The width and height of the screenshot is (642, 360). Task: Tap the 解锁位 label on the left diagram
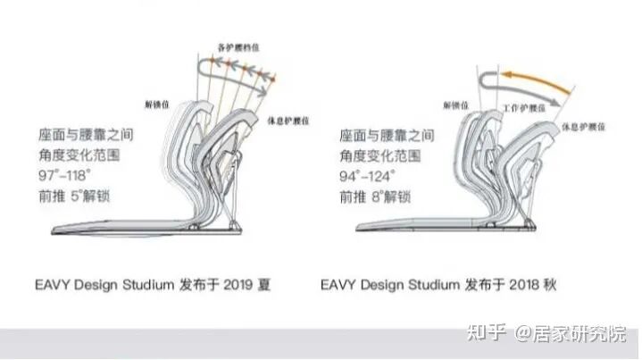[156, 101]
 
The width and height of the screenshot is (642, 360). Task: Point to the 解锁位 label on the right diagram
[454, 105]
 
